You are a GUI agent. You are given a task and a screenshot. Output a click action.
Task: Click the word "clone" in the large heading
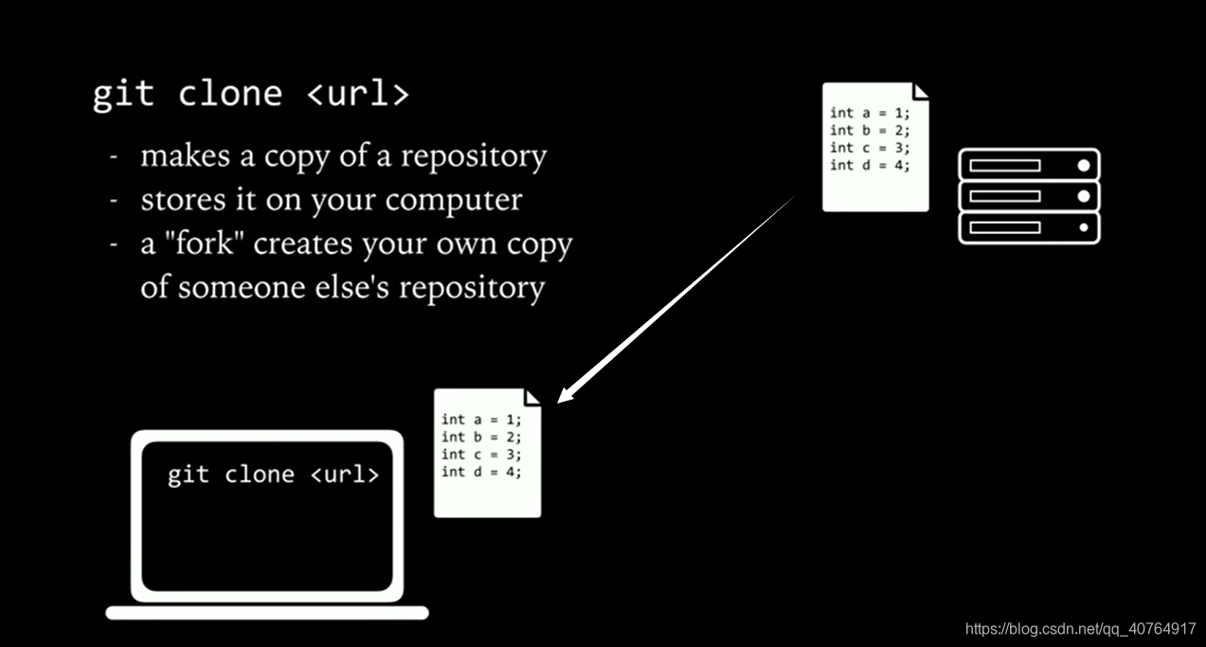tap(229, 95)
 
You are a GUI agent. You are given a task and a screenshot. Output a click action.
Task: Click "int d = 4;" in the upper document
tap(870, 166)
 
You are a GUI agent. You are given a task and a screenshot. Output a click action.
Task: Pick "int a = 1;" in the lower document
tap(481, 420)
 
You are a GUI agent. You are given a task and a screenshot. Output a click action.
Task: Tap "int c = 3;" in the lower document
tap(481, 455)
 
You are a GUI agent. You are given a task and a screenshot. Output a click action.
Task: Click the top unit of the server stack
tap(1029, 165)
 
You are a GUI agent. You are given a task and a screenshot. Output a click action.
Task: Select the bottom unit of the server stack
tap(1029, 227)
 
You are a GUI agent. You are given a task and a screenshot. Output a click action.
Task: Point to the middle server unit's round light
tap(1084, 196)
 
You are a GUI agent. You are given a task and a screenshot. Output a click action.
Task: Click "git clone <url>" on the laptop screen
tap(273, 475)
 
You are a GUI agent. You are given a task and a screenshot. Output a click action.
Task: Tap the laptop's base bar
tap(267, 613)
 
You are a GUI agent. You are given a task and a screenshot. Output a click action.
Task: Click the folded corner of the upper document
tap(920, 91)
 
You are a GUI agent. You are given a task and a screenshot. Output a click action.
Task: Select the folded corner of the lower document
tap(532, 396)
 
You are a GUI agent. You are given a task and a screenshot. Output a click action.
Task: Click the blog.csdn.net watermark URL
tap(1080, 629)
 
